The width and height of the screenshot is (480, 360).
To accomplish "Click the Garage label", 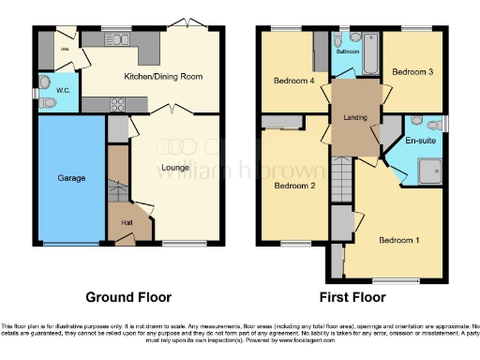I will pyautogui.click(x=72, y=177).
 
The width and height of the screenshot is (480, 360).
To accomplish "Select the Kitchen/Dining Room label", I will pyautogui.click(x=164, y=76).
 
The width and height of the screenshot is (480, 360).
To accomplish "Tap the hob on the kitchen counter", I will pyautogui.click(x=120, y=104).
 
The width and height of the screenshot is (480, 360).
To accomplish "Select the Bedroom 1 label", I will pyautogui.click(x=398, y=241).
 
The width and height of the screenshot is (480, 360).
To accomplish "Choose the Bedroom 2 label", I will pyautogui.click(x=293, y=186).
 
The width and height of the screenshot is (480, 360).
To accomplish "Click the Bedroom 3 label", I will pyautogui.click(x=412, y=71).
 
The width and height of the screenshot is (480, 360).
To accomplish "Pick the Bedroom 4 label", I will pyautogui.click(x=293, y=81).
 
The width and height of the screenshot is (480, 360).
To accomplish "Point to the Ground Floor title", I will pyautogui.click(x=128, y=297).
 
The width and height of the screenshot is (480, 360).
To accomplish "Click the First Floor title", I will pyautogui.click(x=352, y=297).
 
